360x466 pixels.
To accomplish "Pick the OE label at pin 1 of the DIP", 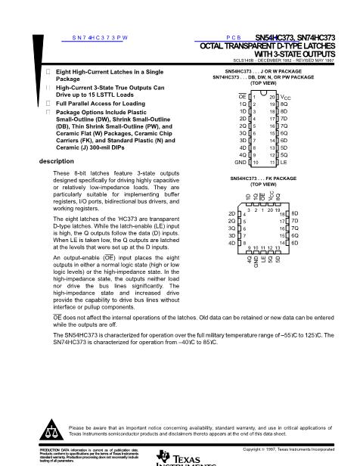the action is click(x=242, y=98).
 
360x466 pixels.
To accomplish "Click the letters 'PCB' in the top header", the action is click(x=232, y=36).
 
